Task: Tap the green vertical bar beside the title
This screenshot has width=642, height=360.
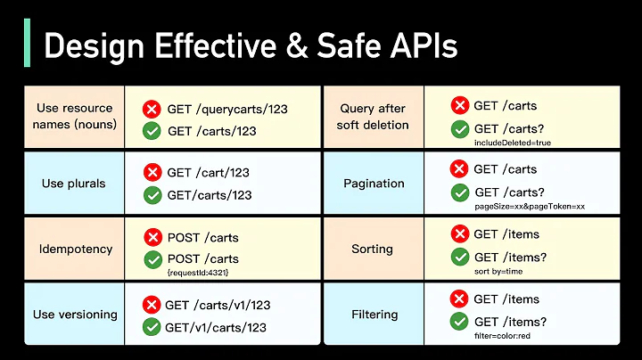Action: (x=27, y=44)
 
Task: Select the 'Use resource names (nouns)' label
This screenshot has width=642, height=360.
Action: (x=76, y=116)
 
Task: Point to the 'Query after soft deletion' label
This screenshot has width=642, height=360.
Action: (x=374, y=116)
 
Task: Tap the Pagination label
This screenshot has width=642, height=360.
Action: (x=374, y=184)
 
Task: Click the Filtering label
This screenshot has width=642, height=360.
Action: (x=374, y=314)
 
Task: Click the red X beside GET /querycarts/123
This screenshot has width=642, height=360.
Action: (x=152, y=110)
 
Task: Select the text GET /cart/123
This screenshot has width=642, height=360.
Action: (x=208, y=173)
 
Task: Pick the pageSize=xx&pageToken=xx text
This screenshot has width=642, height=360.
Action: (x=530, y=206)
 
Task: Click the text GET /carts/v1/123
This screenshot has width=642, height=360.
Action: (x=218, y=305)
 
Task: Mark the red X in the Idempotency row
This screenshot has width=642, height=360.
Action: (x=152, y=237)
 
